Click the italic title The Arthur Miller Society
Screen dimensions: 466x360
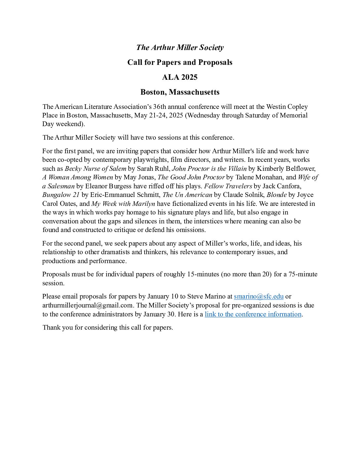(x=180, y=48)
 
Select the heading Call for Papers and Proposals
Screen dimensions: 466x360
(x=180, y=63)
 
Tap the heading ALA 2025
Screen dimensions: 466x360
(x=180, y=77)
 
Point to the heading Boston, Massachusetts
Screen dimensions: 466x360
(x=180, y=92)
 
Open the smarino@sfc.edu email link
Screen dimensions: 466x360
(x=258, y=296)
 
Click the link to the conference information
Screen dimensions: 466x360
(x=253, y=314)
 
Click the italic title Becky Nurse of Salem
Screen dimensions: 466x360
(x=95, y=168)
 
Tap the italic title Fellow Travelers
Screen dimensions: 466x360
(x=228, y=186)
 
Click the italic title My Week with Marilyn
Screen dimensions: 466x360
(x=123, y=204)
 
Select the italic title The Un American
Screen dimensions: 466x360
(x=187, y=195)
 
